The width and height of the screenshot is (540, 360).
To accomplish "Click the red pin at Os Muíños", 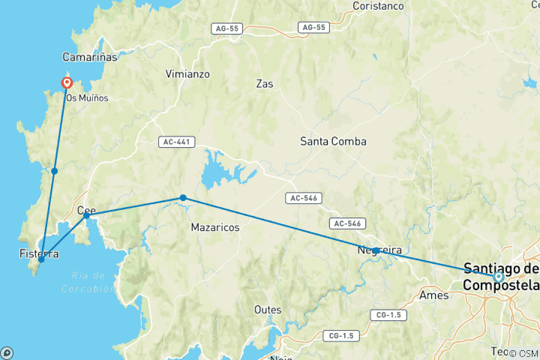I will pyautogui.click(x=67, y=84).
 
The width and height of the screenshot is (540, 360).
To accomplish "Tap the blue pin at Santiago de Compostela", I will pyautogui.click(x=498, y=277).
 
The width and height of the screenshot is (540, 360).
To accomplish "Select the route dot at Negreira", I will pyautogui.click(x=375, y=250).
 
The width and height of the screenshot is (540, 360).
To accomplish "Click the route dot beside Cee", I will pyautogui.click(x=87, y=215).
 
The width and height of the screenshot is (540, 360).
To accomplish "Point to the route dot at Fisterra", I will pyautogui.click(x=41, y=259).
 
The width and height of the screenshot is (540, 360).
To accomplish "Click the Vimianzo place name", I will pyautogui.click(x=187, y=74).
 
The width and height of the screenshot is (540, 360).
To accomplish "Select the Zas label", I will pyautogui.click(x=265, y=83).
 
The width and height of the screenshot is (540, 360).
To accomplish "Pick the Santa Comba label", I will pyautogui.click(x=333, y=140).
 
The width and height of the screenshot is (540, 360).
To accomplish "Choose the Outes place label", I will pyautogui.click(x=268, y=309).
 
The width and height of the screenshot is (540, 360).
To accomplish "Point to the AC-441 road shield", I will pyautogui.click(x=172, y=142).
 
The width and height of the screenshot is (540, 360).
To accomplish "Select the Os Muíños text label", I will pyautogui.click(x=87, y=97).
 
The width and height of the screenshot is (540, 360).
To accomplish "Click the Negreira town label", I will pyautogui.click(x=379, y=250).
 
